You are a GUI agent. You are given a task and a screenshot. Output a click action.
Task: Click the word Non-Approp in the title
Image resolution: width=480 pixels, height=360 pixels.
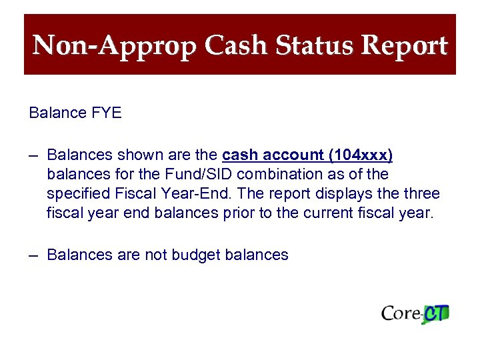point(115,47)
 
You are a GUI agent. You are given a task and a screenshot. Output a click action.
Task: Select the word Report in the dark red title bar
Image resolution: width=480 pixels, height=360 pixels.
point(404,47)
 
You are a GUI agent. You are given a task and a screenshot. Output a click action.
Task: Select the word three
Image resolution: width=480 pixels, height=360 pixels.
point(420,194)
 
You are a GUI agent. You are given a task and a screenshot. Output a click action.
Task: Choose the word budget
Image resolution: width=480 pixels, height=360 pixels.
point(195,255)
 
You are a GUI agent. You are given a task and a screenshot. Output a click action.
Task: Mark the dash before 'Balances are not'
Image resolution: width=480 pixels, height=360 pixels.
point(34,255)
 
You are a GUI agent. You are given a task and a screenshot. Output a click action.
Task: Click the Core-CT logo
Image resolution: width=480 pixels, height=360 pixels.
point(415,313)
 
